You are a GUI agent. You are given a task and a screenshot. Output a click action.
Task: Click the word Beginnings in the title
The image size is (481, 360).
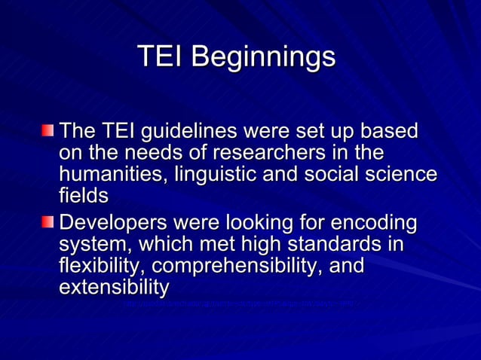pos(263,57)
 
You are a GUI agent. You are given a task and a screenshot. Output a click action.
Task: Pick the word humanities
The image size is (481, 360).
pos(114,175)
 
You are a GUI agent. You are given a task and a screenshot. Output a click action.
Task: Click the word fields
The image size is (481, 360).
pos(83,196)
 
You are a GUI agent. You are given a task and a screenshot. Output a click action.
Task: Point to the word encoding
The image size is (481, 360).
pos(374,224)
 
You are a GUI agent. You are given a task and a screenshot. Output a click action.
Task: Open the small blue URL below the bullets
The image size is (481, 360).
pos(241,305)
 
